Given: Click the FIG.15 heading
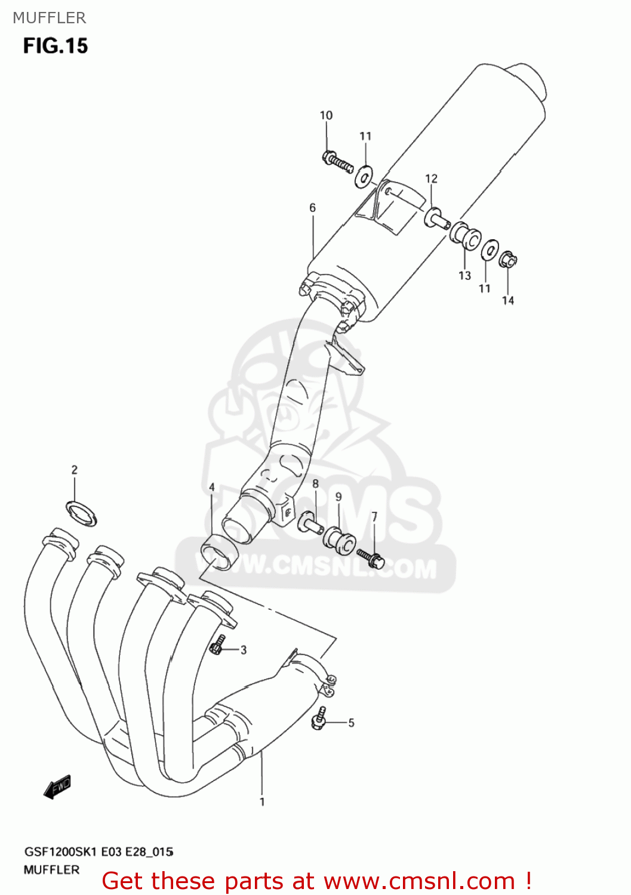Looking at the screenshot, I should [56, 46].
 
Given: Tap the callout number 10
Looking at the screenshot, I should [326, 115].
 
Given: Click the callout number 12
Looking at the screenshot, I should [431, 178].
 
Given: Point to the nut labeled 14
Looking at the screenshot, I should [508, 260].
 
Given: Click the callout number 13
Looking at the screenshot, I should [464, 276].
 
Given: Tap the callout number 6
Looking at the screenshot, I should [312, 208].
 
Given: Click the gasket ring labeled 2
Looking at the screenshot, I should [81, 514].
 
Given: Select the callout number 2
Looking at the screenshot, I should [75, 470].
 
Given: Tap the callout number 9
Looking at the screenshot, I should [338, 496].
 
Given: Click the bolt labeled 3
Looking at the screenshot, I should [218, 645].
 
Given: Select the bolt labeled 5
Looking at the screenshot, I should [320, 718].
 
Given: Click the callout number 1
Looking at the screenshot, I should [262, 802].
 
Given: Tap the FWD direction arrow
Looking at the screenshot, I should [58, 788].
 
